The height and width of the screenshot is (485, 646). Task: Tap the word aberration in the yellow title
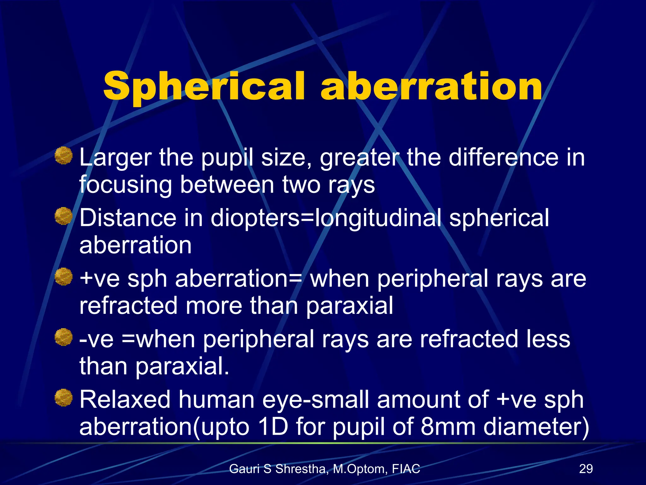[432, 86]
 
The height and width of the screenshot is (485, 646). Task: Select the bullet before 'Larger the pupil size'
[64, 155]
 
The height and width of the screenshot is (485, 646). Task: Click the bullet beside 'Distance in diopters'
[64, 216]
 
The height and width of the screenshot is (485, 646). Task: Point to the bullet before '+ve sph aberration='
[64, 277]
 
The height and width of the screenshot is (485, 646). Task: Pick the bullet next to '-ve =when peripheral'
[64, 337]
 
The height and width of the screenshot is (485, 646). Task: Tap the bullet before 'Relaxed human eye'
[64, 398]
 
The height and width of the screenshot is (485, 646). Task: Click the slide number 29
[586, 469]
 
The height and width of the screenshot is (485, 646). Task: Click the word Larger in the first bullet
[115, 158]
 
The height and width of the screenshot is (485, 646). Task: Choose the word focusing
[126, 185]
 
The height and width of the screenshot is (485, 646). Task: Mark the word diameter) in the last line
[536, 427]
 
